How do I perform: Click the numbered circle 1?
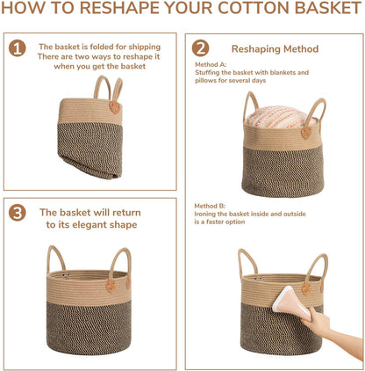tap(18, 48)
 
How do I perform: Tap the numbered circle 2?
tap(200, 48)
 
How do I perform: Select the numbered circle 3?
tap(18, 213)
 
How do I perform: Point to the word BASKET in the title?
tap(328, 8)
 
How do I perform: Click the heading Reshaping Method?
tap(275, 49)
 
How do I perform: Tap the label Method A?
tap(211, 64)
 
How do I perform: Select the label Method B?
tap(210, 206)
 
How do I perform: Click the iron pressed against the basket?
tap(291, 303)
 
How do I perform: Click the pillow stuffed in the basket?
tap(281, 117)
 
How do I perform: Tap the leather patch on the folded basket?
tap(115, 107)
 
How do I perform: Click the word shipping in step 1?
tap(145, 47)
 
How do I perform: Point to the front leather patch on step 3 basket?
tap(111, 286)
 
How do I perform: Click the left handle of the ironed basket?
tap(247, 263)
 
